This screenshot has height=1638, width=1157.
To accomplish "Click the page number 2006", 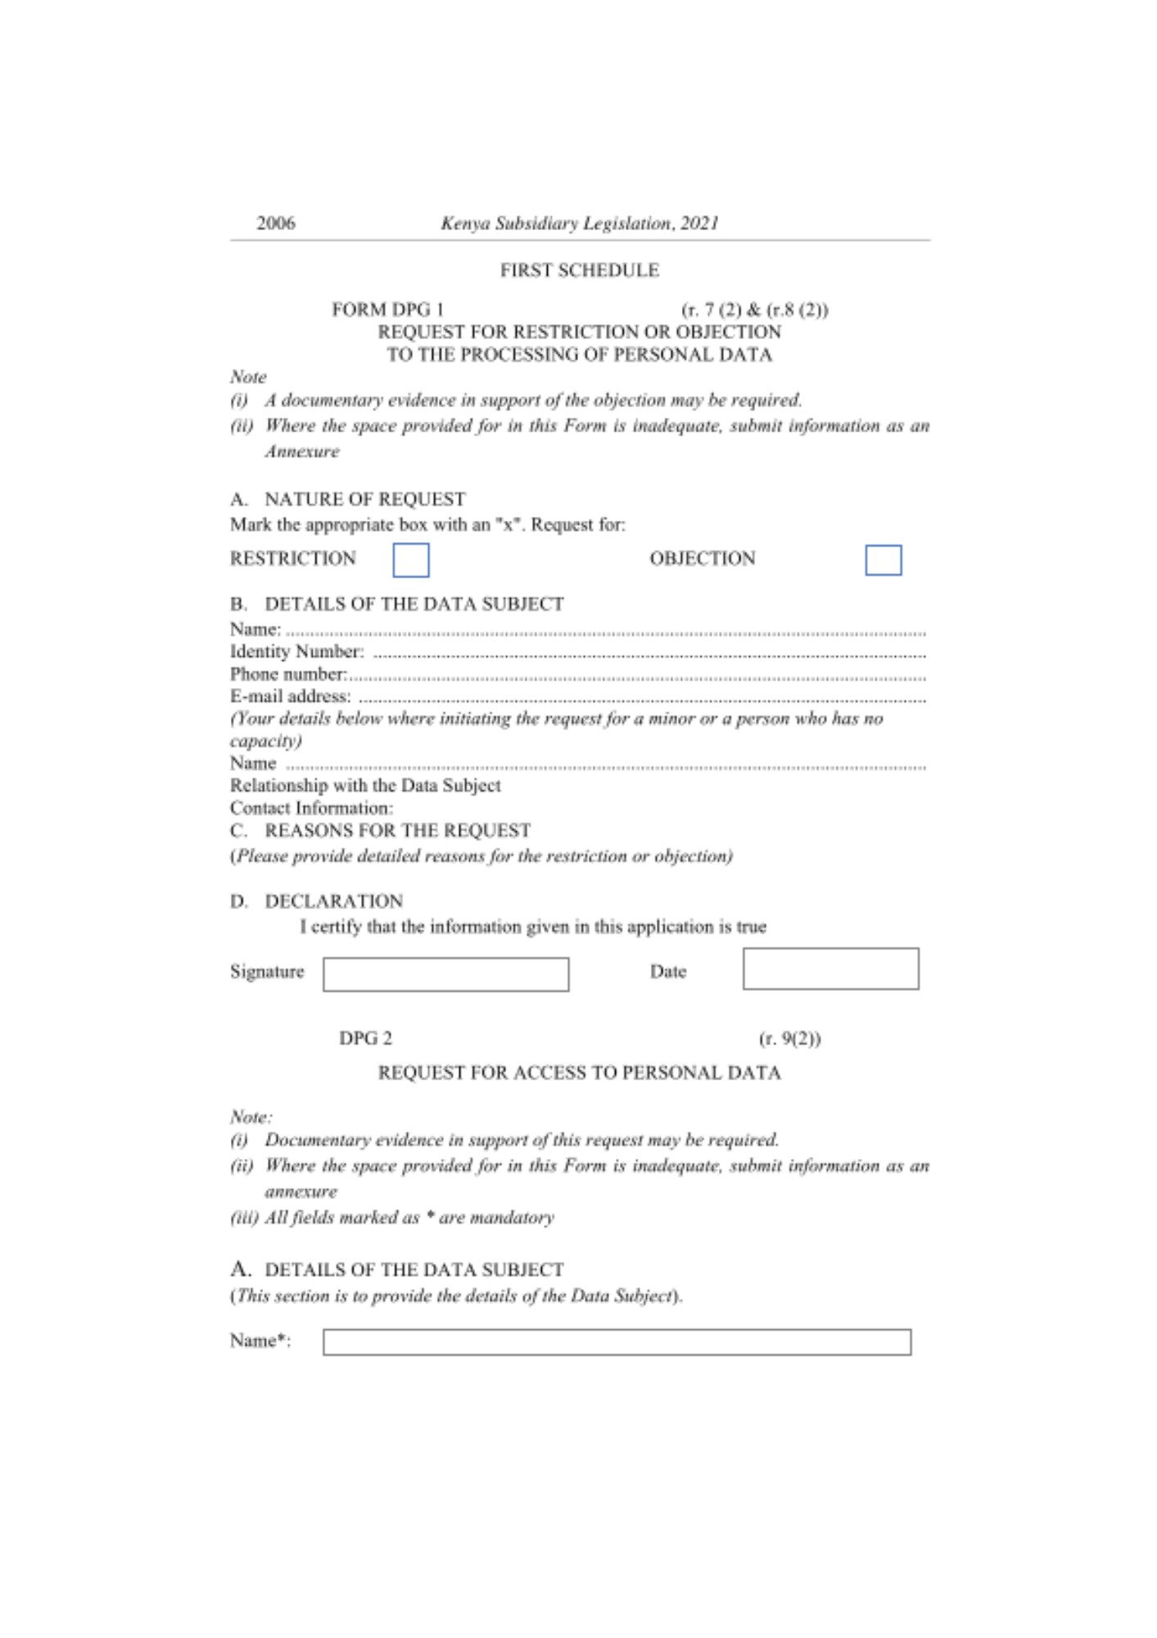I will tap(276, 223).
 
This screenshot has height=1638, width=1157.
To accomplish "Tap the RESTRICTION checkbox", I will tap(410, 560).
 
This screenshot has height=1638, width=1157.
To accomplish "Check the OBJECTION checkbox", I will tap(883, 560).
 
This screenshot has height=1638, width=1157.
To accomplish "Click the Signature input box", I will tap(445, 974).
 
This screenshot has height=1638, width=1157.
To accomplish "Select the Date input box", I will tap(830, 969).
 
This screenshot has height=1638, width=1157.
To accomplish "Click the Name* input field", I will tap(617, 1342).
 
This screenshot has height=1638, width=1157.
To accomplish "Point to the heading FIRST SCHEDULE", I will tap(579, 270).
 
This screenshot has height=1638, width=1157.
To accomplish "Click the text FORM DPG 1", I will tap(387, 310).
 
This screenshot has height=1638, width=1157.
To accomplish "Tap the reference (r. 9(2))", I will tap(789, 1038).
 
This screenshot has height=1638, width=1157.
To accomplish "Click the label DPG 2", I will tap(365, 1038).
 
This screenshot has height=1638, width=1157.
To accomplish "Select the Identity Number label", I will tap(296, 651).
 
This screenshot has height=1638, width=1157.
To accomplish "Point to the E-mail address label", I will tap(291, 696).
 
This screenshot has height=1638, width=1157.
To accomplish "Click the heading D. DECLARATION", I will tap(317, 901).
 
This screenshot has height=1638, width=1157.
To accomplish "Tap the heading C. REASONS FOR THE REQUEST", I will tap(381, 830).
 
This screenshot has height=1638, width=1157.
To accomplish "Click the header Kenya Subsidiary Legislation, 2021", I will tap(579, 223).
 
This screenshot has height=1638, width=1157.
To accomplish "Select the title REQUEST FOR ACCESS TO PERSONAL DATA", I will tap(579, 1073).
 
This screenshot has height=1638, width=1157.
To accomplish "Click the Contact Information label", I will tap(311, 808).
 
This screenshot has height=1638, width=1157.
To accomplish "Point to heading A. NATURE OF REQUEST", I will tap(348, 499).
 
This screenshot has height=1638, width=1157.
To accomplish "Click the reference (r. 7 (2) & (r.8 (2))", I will tap(754, 310).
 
